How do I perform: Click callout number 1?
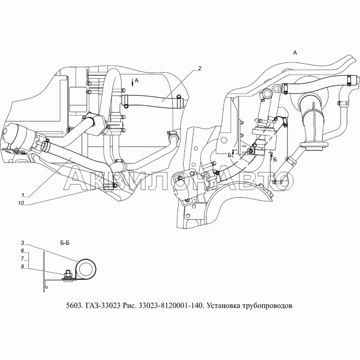[x=23, y=195]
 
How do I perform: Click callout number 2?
[x=200, y=68]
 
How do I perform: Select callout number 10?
[x=21, y=203]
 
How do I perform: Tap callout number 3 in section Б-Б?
[x=22, y=243]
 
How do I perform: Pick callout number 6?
[x=22, y=251]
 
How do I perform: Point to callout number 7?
[x=22, y=259]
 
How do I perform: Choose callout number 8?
[x=22, y=267]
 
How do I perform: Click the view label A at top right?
[x=295, y=53]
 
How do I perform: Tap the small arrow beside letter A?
[x=133, y=82]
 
